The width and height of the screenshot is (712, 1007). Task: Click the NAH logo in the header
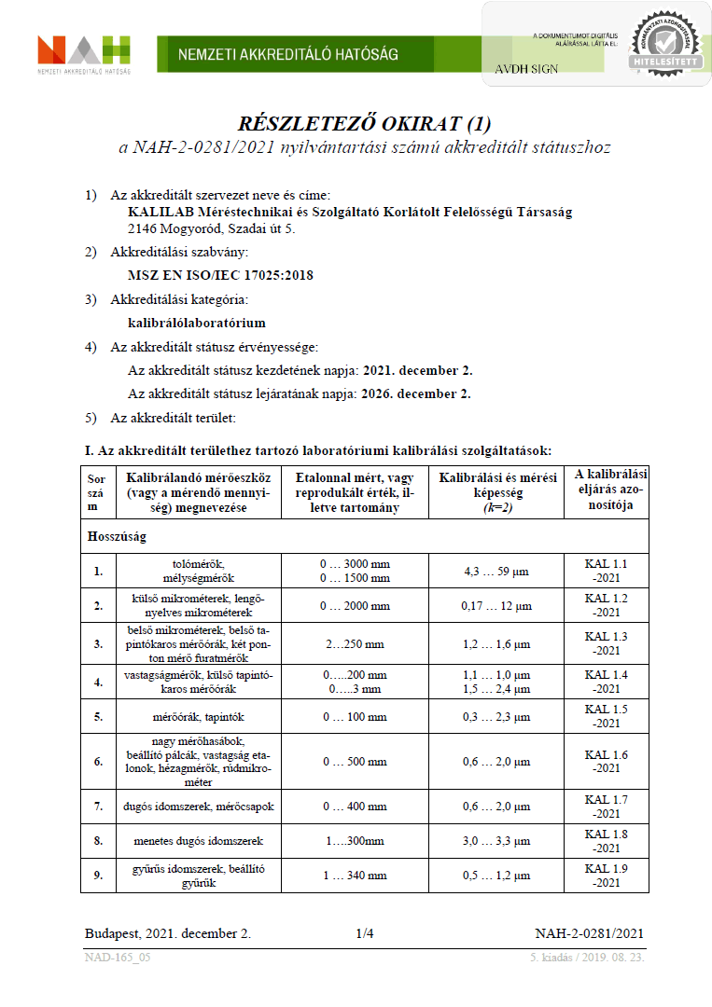coord(83,53)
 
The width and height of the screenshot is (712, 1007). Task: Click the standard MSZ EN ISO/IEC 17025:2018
coord(220,275)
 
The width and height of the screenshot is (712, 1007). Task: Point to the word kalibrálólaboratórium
coord(196,323)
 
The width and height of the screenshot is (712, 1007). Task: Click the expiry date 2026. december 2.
coord(417,393)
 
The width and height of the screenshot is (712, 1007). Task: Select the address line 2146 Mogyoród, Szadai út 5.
coord(211,228)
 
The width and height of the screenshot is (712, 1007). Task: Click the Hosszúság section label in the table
coord(117,537)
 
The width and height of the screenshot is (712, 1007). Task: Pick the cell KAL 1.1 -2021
coord(606,571)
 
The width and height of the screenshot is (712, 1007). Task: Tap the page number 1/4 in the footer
coord(364,933)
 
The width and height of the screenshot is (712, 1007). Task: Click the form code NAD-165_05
coord(118,958)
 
